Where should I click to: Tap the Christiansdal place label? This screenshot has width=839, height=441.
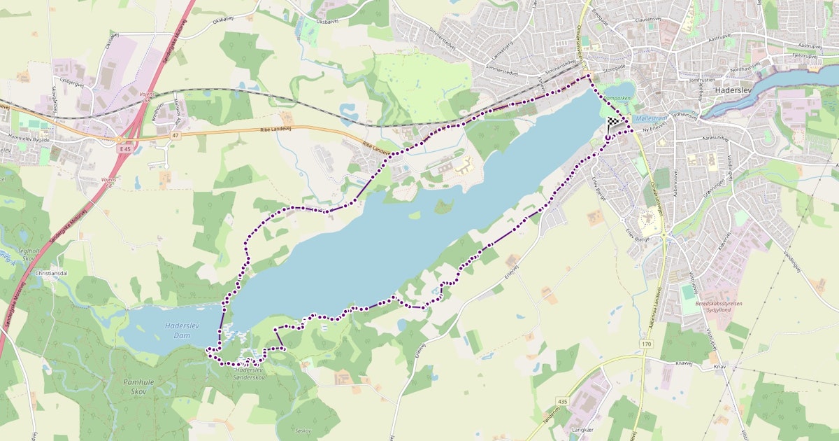pyautogui.click(x=52, y=272)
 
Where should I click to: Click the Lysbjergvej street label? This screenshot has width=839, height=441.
pyautogui.click(x=71, y=80)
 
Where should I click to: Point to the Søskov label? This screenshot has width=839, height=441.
pyautogui.click(x=303, y=430)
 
